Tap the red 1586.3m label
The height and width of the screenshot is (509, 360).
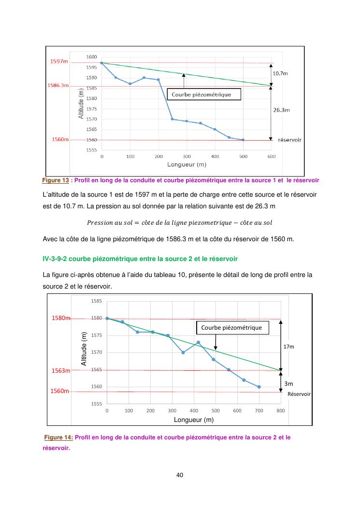click(58, 85)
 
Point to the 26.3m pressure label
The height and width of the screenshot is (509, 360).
click(281, 110)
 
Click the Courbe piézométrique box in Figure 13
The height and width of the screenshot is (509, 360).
click(203, 94)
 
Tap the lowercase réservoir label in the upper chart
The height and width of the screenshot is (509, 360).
click(290, 140)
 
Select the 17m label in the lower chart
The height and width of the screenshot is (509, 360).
click(288, 347)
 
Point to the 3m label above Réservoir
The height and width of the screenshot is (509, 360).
click(288, 383)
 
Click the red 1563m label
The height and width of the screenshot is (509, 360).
click(61, 371)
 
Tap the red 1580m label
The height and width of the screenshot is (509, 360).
click(61, 318)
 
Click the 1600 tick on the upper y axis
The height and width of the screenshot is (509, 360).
click(92, 57)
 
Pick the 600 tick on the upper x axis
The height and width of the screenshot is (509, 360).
click(271, 157)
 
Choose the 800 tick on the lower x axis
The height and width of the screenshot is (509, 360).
click(281, 410)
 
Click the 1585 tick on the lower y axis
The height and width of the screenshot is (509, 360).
click(96, 301)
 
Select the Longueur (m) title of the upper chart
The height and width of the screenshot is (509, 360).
click(187, 164)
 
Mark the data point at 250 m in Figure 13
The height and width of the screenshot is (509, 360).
click(173, 119)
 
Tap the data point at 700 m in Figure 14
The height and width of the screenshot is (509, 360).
click(259, 387)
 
